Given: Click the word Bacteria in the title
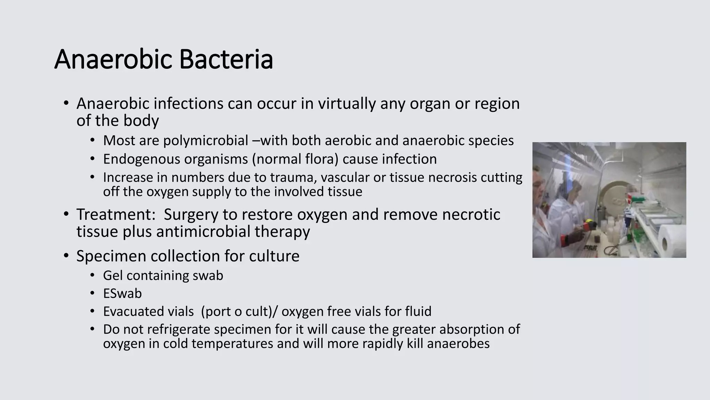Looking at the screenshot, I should [x=226, y=60].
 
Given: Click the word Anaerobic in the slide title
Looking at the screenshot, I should [x=113, y=60].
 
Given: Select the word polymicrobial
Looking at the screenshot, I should [x=206, y=141].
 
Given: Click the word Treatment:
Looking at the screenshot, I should [x=116, y=214].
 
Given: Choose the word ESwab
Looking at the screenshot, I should [x=122, y=294].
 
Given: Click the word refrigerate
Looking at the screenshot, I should [x=177, y=329].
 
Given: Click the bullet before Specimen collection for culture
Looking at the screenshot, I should [x=66, y=256].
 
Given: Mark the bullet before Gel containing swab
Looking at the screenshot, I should [x=92, y=276].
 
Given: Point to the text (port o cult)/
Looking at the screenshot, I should [x=239, y=311].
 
